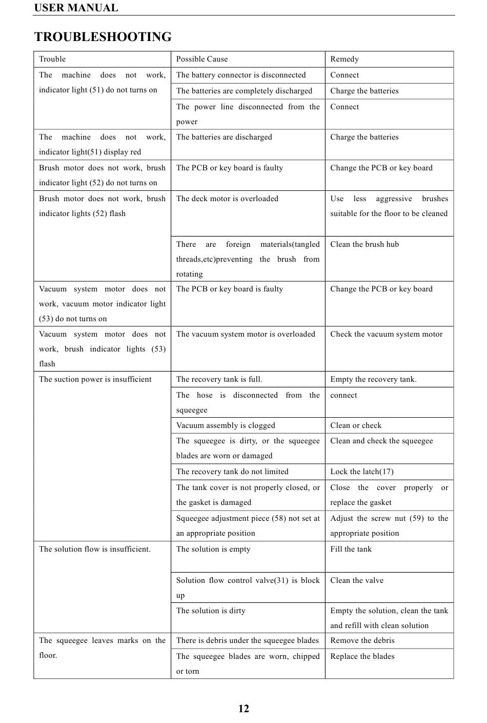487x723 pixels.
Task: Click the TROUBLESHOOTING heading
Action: click(103, 37)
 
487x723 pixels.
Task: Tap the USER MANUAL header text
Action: click(76, 8)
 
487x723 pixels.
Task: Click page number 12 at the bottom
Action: click(243, 709)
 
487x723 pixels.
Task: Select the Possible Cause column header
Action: click(202, 59)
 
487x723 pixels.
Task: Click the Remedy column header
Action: click(344, 59)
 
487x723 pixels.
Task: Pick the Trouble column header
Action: click(52, 59)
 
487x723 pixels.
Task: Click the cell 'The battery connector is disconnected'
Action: click(241, 75)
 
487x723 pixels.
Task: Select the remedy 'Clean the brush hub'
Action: click(364, 244)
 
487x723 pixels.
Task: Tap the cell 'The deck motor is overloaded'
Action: click(227, 199)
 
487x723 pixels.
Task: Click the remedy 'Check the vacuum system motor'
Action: click(386, 334)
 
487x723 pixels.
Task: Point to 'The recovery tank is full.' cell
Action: click(219, 379)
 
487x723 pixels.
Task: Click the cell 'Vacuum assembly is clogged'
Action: click(226, 425)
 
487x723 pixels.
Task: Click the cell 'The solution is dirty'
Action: click(211, 611)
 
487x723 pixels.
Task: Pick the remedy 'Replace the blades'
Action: click(362, 656)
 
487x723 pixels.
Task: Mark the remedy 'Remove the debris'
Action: click(362, 640)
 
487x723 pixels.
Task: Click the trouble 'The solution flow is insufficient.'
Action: click(95, 549)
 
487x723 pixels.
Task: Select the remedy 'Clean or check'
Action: click(356, 425)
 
